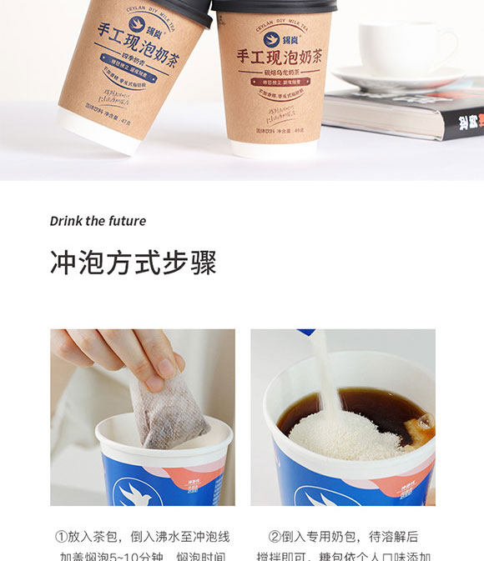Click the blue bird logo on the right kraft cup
click(271, 38)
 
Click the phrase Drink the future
click(98, 221)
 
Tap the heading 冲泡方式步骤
click(133, 262)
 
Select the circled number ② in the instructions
click(275, 537)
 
